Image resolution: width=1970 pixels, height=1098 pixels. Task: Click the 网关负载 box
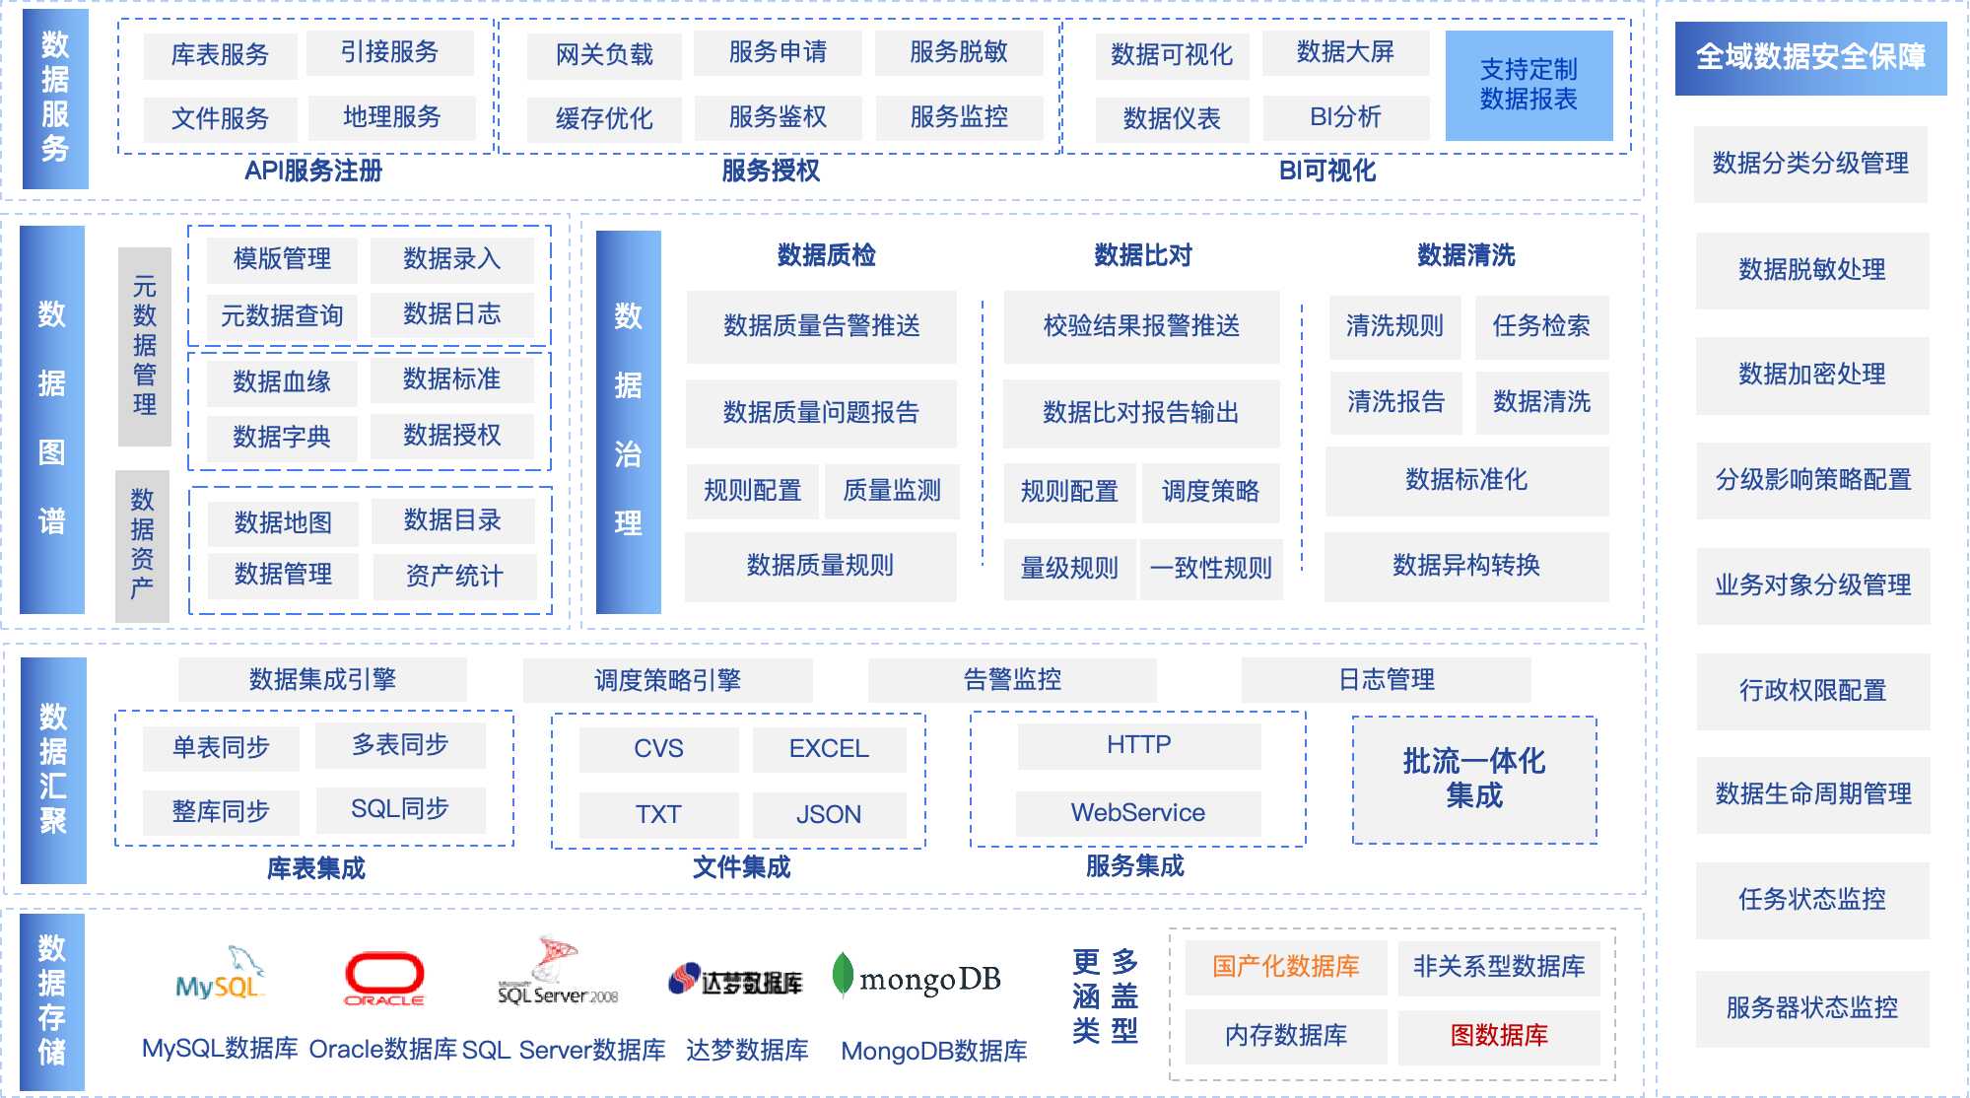pos(604,55)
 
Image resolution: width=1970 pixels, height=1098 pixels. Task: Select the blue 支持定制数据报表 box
pos(1528,85)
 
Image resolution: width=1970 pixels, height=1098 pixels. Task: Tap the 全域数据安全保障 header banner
pos(1810,57)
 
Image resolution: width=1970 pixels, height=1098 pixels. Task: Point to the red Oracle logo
pos(384,978)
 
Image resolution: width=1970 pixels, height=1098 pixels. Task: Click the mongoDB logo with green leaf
pos(917,978)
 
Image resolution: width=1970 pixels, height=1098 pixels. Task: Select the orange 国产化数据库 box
pos(1285,967)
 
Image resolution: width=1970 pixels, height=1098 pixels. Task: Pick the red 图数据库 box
pos(1498,1035)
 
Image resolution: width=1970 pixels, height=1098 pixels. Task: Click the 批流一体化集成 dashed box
pos(1474,779)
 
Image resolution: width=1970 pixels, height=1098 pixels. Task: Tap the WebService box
pos(1138,813)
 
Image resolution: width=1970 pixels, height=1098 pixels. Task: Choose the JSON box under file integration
pos(829,815)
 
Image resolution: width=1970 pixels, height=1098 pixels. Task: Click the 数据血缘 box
pos(282,382)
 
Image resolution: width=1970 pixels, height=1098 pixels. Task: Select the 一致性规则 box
pos(1211,569)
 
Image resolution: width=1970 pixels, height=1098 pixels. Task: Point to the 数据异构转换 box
pos(1466,566)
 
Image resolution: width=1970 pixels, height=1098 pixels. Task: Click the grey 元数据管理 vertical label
pos(145,346)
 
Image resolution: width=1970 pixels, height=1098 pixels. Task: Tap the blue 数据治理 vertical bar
pos(628,421)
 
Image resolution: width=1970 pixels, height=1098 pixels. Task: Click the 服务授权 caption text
pos(771,171)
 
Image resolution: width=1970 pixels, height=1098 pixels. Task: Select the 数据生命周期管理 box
pos(1812,793)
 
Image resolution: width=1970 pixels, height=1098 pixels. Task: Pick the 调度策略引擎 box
pos(667,680)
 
